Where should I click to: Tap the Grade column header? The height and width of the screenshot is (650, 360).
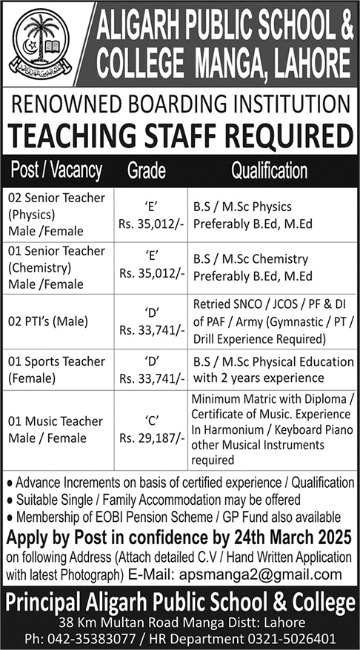(147, 170)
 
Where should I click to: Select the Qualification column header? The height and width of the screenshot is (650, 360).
(270, 170)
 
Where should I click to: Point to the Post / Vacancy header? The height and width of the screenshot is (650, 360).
(56, 170)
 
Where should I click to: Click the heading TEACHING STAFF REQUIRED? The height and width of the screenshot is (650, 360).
(180, 135)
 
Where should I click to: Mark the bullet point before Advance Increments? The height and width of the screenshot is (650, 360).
(8, 483)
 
